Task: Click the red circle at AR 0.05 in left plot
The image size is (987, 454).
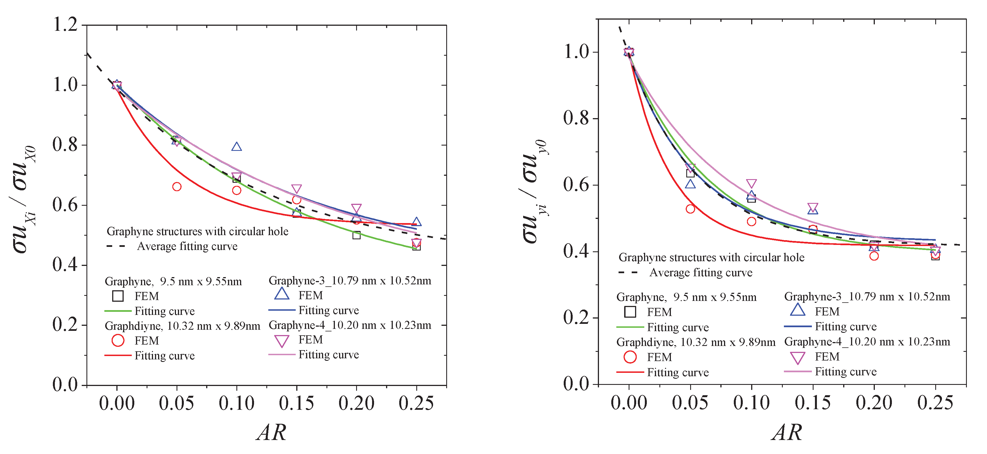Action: point(177,187)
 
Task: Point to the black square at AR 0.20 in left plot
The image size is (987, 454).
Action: point(356,235)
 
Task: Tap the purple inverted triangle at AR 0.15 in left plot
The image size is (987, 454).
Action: point(296,189)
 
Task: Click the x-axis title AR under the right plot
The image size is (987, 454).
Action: point(787,432)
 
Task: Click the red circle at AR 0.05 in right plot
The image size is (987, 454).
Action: point(690,209)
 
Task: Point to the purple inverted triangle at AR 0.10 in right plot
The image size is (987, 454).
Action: point(751,184)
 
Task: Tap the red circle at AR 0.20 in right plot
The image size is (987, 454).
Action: point(874,256)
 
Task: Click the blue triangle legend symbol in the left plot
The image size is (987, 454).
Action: point(282,294)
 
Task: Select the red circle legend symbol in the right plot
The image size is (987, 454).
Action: point(630,357)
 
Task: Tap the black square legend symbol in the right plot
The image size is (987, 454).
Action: point(630,312)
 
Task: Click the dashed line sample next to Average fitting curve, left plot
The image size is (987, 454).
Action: point(116,246)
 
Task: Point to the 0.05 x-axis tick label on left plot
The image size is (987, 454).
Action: point(176,403)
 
